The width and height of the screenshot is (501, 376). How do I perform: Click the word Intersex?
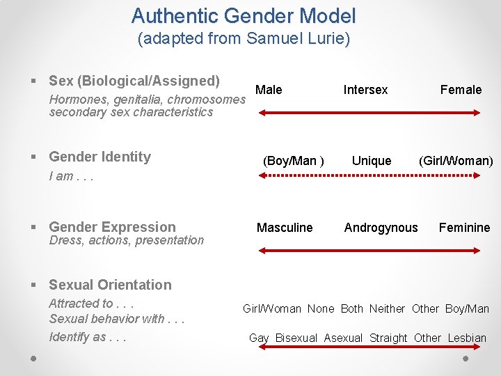pyautogui.click(x=365, y=89)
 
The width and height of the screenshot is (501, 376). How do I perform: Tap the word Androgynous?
pyautogui.click(x=381, y=228)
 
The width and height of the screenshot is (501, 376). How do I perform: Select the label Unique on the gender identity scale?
pyautogui.click(x=371, y=161)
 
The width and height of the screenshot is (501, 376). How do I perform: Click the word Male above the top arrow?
pyautogui.click(x=269, y=89)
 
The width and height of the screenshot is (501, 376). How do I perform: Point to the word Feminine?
pyautogui.click(x=464, y=228)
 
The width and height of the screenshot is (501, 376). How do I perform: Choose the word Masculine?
pyautogui.click(x=285, y=228)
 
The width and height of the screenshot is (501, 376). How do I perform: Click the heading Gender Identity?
pyautogui.click(x=100, y=157)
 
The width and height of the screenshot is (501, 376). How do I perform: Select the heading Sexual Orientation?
pyautogui.click(x=110, y=285)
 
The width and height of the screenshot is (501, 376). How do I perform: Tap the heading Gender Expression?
pyautogui.click(x=112, y=227)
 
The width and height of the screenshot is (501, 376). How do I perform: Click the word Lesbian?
pyautogui.click(x=467, y=338)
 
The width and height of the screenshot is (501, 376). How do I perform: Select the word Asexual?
pyautogui.click(x=343, y=338)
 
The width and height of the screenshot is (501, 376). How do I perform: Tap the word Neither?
pyautogui.click(x=387, y=308)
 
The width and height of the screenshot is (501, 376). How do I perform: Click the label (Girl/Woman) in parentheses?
pyautogui.click(x=455, y=161)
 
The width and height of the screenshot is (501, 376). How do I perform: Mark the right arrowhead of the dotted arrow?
pyautogui.click(x=477, y=176)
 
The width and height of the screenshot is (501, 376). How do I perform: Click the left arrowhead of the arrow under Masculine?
pyautogui.click(x=262, y=249)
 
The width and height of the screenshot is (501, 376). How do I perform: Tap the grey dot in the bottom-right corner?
pyautogui.click(x=467, y=358)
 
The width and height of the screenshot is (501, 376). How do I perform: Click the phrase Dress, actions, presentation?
pyautogui.click(x=126, y=240)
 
